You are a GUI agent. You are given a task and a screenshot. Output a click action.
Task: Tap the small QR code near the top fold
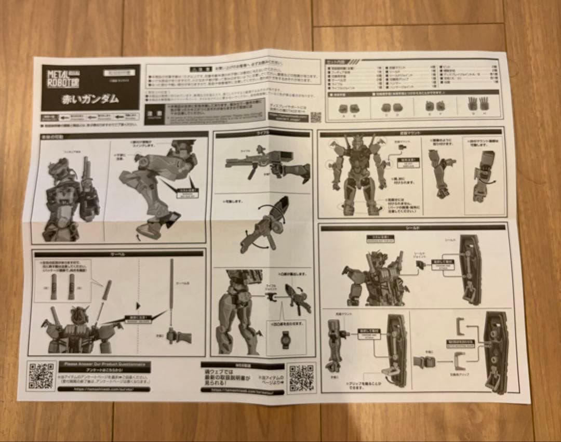coord(315,117)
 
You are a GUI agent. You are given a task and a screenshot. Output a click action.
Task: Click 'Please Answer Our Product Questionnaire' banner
coord(104,365)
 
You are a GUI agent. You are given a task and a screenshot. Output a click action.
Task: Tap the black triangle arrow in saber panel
coord(138,305)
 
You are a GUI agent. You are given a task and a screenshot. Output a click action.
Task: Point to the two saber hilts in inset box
coord(62,287)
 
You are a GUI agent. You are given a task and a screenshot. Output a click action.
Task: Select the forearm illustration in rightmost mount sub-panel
coord(484,177)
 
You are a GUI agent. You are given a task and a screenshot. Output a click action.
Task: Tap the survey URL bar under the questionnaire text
coord(104,389)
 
